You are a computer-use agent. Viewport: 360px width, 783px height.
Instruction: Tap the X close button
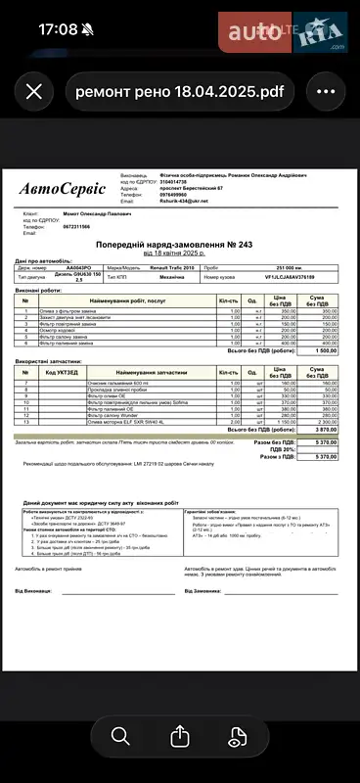(33, 92)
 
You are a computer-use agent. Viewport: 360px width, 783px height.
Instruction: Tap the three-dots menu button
(326, 92)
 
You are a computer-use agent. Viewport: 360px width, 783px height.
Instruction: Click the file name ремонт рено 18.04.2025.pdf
(180, 92)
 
